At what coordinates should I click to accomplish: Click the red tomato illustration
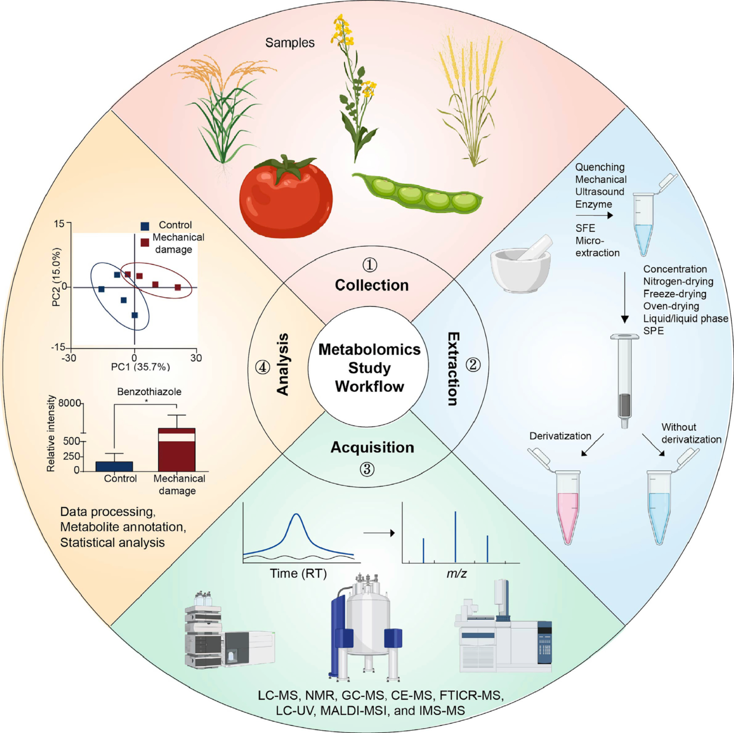pyautogui.click(x=286, y=198)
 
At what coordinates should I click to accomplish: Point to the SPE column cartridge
pyautogui.click(x=624, y=379)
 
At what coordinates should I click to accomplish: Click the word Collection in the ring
pyautogui.click(x=371, y=285)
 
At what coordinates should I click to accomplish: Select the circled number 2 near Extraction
pyautogui.click(x=473, y=365)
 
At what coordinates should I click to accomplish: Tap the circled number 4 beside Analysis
pyautogui.click(x=263, y=367)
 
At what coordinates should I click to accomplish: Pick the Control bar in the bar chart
pyautogui.click(x=114, y=466)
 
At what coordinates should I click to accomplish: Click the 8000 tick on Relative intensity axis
pyautogui.click(x=70, y=403)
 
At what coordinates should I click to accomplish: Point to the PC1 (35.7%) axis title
pyautogui.click(x=140, y=367)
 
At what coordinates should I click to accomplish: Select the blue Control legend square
pyautogui.click(x=145, y=226)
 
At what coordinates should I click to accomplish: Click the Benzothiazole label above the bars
pyautogui.click(x=149, y=392)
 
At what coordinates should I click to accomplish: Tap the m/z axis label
pyautogui.click(x=456, y=574)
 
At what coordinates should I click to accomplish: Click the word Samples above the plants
pyautogui.click(x=290, y=43)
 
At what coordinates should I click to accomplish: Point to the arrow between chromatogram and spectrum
pyautogui.click(x=378, y=533)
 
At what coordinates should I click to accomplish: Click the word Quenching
pyautogui.click(x=600, y=167)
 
